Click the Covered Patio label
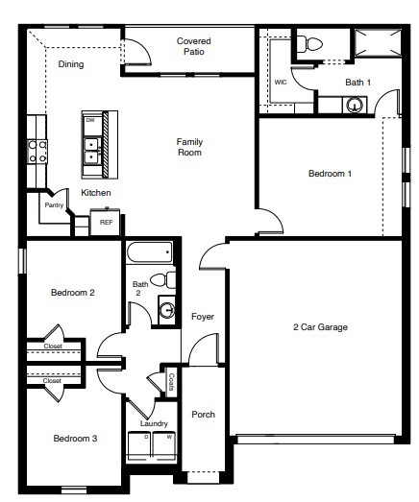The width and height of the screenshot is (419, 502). (x=193, y=47)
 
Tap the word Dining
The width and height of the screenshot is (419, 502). (x=71, y=65)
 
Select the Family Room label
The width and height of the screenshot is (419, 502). (x=189, y=147)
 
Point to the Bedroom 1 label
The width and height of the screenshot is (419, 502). (x=330, y=174)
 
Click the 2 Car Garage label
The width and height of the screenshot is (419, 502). (x=320, y=328)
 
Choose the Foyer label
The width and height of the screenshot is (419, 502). (x=202, y=317)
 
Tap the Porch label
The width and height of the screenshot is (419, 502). (x=203, y=415)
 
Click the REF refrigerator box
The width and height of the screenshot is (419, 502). (x=106, y=223)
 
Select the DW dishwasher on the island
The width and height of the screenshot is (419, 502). (x=89, y=122)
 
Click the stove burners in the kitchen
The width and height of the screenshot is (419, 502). (x=37, y=150)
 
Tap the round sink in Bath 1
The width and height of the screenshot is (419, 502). (x=356, y=105)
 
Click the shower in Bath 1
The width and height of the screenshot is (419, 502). (x=374, y=44)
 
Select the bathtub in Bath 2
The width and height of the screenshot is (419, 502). (x=149, y=253)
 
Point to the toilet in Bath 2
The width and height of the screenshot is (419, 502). (x=169, y=280)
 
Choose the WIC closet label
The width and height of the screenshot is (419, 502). (x=281, y=83)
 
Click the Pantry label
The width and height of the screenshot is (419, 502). (x=54, y=205)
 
